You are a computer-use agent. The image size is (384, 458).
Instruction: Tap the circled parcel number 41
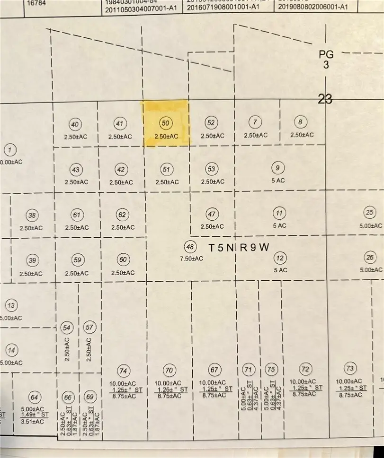120,124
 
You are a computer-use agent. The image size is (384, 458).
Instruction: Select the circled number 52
211,123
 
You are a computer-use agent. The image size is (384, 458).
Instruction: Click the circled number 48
190,246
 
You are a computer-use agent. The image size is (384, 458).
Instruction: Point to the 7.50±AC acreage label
191,259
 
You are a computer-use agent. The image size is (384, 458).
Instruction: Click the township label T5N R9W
239,247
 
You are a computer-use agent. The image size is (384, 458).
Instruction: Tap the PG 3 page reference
326,60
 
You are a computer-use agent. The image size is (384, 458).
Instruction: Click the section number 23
325,99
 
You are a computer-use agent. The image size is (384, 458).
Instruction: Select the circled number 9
278,167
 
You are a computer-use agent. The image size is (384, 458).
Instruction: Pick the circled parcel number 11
279,212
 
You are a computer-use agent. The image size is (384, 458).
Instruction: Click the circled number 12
280,258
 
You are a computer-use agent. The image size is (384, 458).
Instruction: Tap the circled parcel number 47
212,214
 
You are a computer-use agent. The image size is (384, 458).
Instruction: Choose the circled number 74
124,371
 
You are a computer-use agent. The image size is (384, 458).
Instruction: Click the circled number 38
32,216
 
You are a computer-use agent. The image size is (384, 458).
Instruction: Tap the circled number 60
123,259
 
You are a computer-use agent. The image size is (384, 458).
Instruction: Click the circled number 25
370,212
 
